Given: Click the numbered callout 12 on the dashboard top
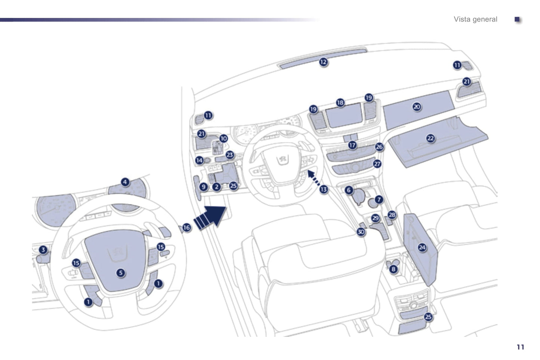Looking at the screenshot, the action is (x=323, y=62).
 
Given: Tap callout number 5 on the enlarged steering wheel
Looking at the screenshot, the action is (x=121, y=273).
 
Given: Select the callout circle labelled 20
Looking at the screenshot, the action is (x=417, y=107).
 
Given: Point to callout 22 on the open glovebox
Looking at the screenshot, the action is (x=431, y=138).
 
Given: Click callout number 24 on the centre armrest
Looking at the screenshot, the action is (x=422, y=248).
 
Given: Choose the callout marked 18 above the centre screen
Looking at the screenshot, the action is (x=340, y=103).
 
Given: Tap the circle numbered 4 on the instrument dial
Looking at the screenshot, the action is (x=125, y=182).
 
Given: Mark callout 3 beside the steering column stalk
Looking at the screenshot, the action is (x=43, y=249).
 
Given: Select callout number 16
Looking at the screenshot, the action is (x=186, y=227).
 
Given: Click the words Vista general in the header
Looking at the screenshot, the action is (x=475, y=19).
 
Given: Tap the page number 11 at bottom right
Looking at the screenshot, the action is (x=521, y=347).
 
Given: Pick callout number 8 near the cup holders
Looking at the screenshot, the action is (x=394, y=269).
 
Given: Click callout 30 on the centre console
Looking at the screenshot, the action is (x=361, y=232).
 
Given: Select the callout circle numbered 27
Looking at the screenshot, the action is (x=377, y=164).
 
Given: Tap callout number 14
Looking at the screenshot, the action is (x=199, y=160).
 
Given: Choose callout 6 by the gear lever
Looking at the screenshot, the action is (x=349, y=190).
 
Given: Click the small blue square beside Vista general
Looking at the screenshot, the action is (x=517, y=19).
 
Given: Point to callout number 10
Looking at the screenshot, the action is (x=223, y=139).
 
